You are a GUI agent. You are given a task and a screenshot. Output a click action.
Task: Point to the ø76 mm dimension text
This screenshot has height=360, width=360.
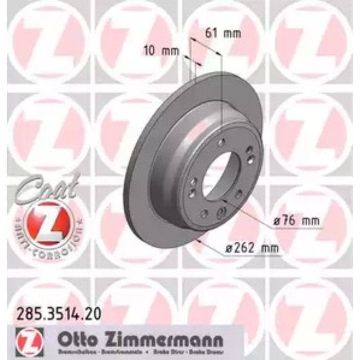point(295,221)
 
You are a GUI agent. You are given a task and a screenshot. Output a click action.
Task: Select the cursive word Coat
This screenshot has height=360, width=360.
point(49,188)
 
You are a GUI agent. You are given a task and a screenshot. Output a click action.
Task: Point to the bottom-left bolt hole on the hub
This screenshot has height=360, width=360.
point(204,213)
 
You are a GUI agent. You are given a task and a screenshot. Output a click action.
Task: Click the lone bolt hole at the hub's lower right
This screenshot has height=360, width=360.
point(239,193)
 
